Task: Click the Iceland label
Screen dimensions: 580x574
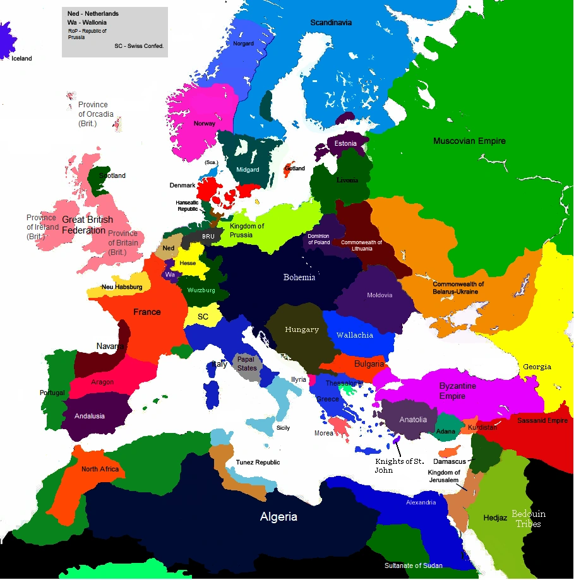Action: click(21, 59)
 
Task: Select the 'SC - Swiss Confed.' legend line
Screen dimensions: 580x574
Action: click(139, 46)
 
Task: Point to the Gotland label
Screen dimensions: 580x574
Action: click(295, 169)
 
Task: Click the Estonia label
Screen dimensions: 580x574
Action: click(345, 143)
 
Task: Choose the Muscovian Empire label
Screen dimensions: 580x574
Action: click(469, 141)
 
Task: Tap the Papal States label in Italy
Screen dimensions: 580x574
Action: click(247, 364)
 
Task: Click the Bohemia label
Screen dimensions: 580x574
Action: click(299, 278)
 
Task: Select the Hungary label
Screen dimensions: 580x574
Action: click(302, 329)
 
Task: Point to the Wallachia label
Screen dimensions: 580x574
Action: click(355, 335)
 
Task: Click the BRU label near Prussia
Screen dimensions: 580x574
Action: click(208, 237)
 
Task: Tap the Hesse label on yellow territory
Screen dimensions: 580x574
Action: click(188, 263)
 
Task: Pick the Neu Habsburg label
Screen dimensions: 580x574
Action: click(122, 287)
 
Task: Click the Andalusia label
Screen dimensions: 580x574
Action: click(90, 416)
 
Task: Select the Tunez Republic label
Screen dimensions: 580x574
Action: click(258, 463)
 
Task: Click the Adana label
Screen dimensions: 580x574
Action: click(446, 432)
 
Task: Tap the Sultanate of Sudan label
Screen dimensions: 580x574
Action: click(414, 565)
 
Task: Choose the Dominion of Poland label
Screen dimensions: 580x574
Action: click(319, 239)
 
